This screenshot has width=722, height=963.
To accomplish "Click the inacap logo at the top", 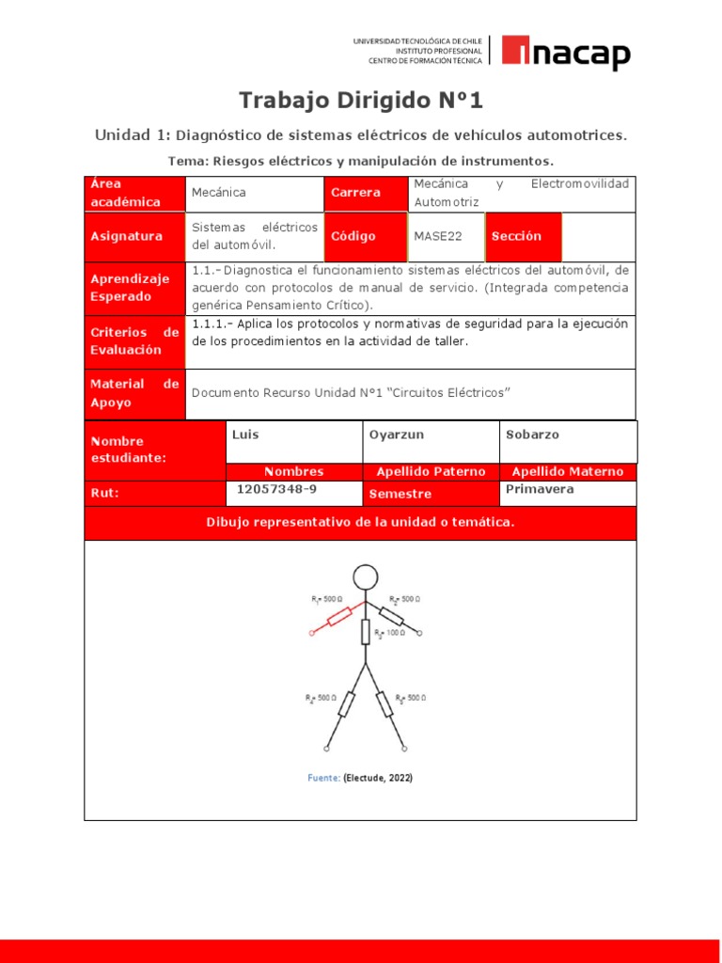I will [565, 53].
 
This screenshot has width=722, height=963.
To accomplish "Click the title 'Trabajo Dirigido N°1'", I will [360, 100].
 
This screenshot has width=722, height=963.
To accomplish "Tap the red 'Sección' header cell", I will [523, 236].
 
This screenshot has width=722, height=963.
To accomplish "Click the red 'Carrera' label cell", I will [366, 193].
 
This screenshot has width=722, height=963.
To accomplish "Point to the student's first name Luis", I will [245, 434].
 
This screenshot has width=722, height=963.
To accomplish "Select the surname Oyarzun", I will [396, 434].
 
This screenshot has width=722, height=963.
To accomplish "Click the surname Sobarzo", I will [534, 434].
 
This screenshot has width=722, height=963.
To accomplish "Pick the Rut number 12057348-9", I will [275, 489].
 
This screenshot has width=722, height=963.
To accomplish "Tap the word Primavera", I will [540, 489].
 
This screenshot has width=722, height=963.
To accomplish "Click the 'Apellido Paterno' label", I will [431, 471].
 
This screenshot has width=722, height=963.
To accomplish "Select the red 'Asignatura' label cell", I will [134, 236].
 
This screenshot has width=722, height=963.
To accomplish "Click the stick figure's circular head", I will [366, 577].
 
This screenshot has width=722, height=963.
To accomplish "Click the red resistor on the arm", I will [338, 617].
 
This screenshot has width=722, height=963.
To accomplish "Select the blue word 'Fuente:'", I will [324, 778].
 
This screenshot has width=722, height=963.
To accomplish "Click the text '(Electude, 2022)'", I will [378, 778].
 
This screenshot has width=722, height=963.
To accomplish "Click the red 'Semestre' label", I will [400, 494].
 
